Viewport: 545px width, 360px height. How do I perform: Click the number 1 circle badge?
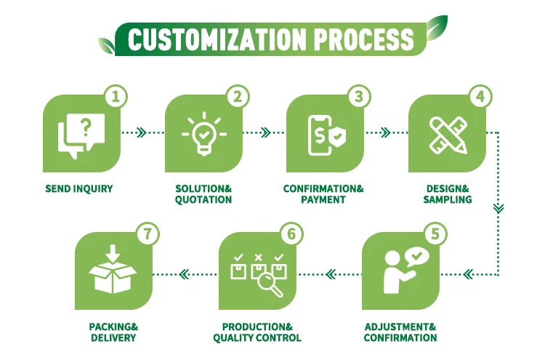[x=118, y=96]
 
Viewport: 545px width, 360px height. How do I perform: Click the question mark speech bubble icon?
[x=81, y=133]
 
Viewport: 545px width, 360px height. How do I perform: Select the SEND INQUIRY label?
[x=79, y=189]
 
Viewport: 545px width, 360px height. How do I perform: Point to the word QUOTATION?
[x=203, y=200]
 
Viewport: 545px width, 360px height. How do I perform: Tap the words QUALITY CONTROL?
[x=257, y=337]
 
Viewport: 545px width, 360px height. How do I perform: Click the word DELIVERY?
[x=113, y=337]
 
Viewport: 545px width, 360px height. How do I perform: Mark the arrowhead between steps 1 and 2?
[x=142, y=133]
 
